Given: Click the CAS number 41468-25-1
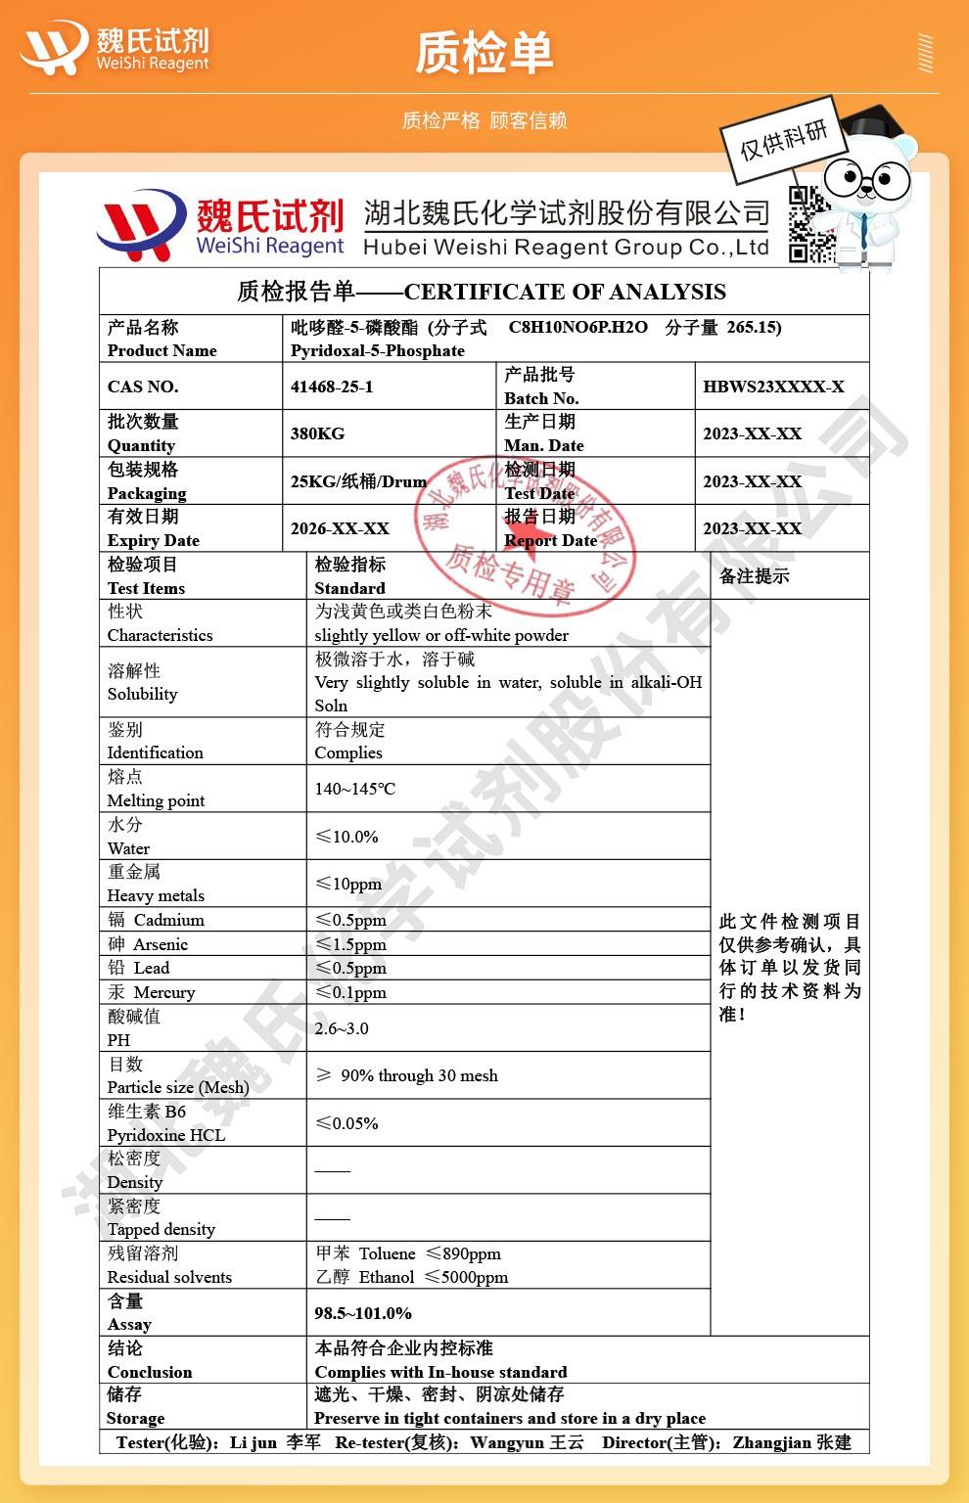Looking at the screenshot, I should pos(332,387).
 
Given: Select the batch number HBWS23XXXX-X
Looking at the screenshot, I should pos(773,387).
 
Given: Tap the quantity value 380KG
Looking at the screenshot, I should pos(317,433).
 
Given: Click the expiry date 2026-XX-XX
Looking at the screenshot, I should pos(340,528).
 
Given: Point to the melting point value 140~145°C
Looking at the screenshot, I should pos(355,789).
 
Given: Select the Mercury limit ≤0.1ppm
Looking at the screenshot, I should pos(350,992).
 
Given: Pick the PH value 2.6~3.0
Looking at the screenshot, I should pos(342,1028).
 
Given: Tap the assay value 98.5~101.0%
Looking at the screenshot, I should pos(363,1313).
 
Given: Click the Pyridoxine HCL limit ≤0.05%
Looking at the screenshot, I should pos(346,1123).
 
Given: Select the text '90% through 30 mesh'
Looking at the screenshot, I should pos(419,1075).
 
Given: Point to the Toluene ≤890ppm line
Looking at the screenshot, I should pos(408,1253).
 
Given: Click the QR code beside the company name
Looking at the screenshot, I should pos(810,225).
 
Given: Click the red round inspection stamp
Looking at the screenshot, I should pos(525,536).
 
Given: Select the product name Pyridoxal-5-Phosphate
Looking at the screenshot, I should pos(378,350).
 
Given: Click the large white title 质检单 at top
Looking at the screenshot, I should pos(484,53).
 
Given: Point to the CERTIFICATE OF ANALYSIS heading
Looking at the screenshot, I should pos(565,292).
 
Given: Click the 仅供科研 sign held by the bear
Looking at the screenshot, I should pos(783,139).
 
